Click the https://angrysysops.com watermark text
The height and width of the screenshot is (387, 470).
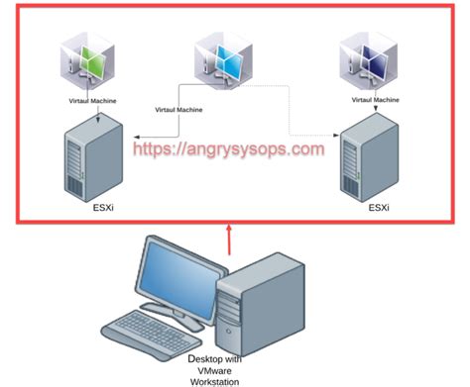(230, 150)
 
